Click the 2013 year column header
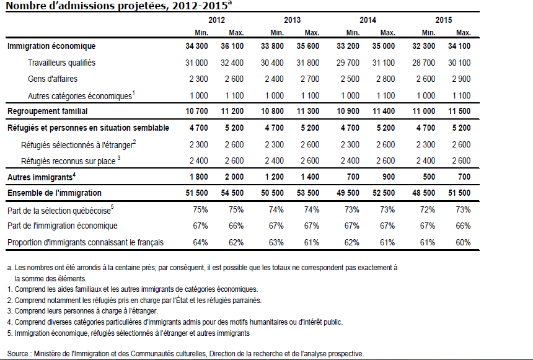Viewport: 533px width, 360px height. click(292, 20)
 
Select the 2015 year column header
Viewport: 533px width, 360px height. click(443, 20)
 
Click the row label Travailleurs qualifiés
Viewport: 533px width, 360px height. click(61, 63)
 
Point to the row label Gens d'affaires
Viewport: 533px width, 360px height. click(53, 79)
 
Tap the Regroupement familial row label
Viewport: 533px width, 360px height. click(47, 111)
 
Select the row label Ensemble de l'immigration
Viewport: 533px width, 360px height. click(54, 193)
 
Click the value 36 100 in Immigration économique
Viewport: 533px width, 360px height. click(232, 46)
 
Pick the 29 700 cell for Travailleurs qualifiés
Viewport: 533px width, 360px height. click(348, 63)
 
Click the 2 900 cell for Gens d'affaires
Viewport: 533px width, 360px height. click(460, 79)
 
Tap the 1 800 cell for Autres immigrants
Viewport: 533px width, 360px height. click(197, 177)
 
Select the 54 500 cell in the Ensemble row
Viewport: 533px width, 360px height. click(232, 193)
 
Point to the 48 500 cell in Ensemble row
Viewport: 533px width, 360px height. click(424, 193)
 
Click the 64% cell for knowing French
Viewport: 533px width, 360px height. click(200, 242)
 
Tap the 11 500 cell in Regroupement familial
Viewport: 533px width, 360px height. click(459, 111)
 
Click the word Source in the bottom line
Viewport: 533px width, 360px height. click(19, 353)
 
